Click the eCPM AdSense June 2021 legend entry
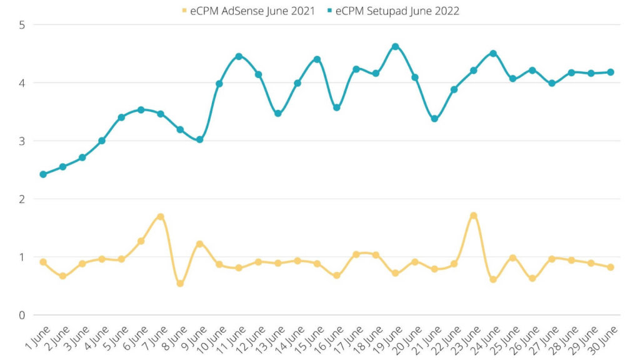(247, 11)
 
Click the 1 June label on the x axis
(36, 338)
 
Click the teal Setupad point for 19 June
(395, 47)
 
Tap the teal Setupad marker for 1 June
(43, 174)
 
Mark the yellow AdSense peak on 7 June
(161, 217)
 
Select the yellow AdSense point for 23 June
(473, 216)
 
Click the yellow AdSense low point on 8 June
(180, 283)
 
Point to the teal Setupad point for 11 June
(239, 57)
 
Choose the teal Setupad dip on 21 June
(434, 119)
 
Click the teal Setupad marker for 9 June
(199, 139)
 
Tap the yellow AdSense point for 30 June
(611, 267)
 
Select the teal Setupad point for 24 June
(493, 54)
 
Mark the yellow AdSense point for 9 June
(199, 244)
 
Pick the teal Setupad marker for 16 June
(336, 107)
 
